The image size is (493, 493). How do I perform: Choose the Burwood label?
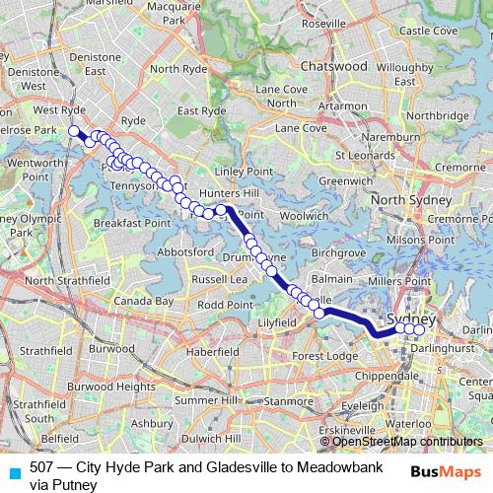pyautogui.click(x=111, y=349)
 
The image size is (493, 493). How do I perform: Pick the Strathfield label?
pyautogui.click(x=46, y=350)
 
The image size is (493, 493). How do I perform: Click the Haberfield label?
pyautogui.click(x=212, y=352)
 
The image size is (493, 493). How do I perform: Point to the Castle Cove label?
pyautogui.click(x=428, y=31)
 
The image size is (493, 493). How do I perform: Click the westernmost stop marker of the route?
pyautogui.click(x=73, y=130)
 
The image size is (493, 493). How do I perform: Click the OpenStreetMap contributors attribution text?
pyautogui.click(x=406, y=442)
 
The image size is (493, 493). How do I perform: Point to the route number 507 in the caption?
pyautogui.click(x=42, y=467)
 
